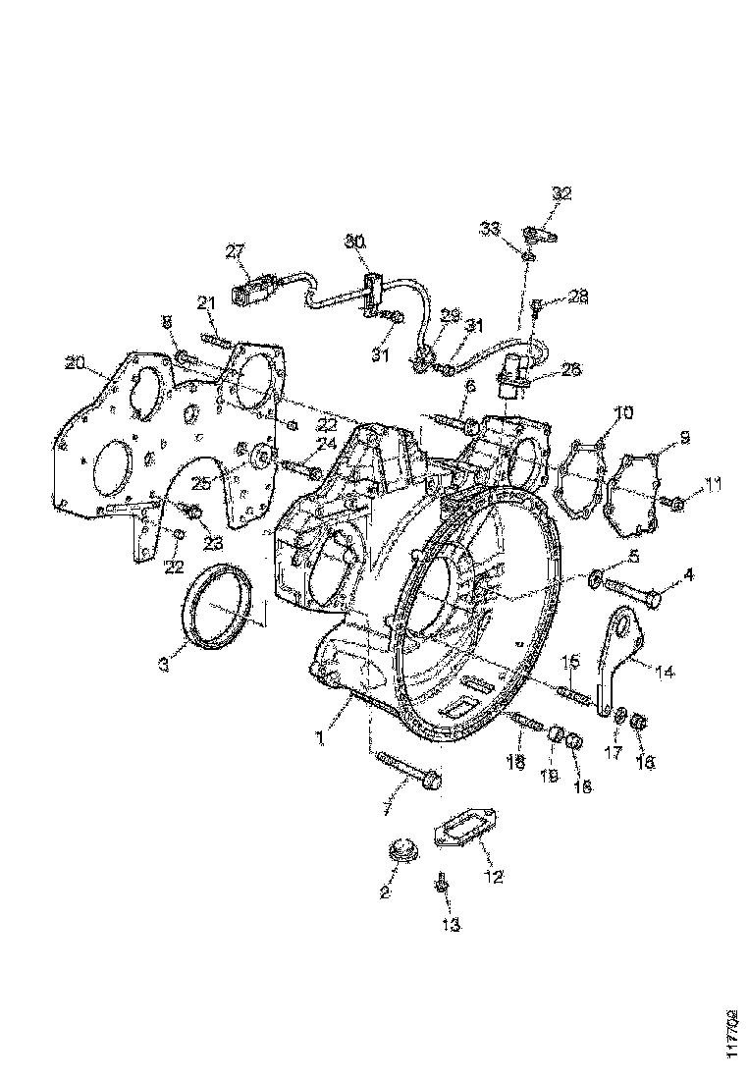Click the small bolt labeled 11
point(677,503)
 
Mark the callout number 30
point(354,241)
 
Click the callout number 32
point(561,193)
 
